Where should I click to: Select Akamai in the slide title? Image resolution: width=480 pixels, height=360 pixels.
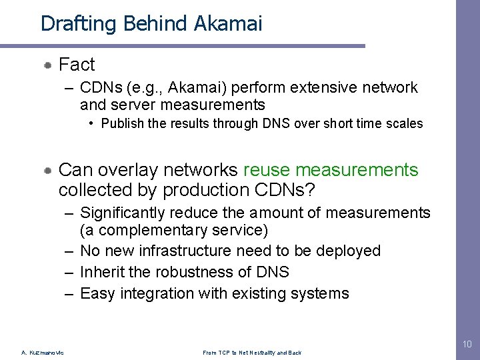point(229,24)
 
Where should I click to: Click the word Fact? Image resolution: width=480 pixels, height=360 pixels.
point(77,65)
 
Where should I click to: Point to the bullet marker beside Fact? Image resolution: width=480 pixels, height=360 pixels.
point(49,65)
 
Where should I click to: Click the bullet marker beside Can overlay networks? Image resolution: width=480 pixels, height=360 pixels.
point(49,171)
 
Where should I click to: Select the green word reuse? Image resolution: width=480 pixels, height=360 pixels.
point(267,171)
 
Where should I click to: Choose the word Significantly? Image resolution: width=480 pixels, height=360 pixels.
point(123,213)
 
